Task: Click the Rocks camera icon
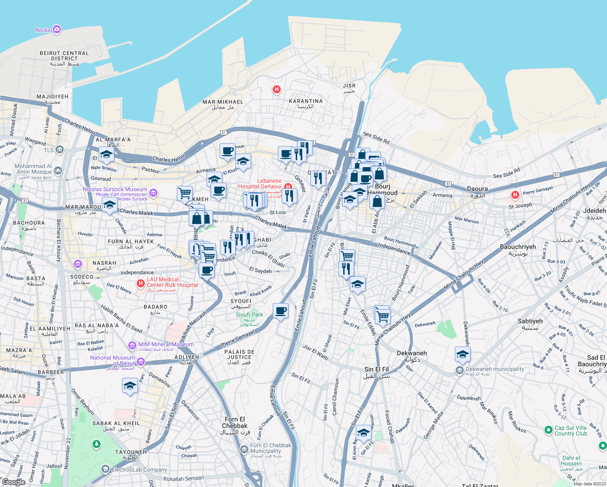point(57,29)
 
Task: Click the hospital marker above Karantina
point(277,89)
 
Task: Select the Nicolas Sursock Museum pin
point(153,193)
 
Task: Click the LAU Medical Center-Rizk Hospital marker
point(141,283)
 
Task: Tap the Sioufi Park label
point(249,315)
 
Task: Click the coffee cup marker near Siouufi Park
point(280,311)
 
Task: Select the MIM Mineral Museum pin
point(132,345)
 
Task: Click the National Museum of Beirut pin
point(140,362)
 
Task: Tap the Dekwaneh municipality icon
point(459,370)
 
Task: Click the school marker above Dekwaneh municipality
point(463,355)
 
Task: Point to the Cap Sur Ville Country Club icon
point(548,429)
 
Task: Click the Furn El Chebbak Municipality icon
point(244,449)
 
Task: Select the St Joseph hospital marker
point(515,195)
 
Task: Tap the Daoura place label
point(477,189)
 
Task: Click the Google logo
point(13,482)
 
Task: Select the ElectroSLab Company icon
point(105,470)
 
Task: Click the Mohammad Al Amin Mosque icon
point(58,170)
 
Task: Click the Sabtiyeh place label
point(530,321)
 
